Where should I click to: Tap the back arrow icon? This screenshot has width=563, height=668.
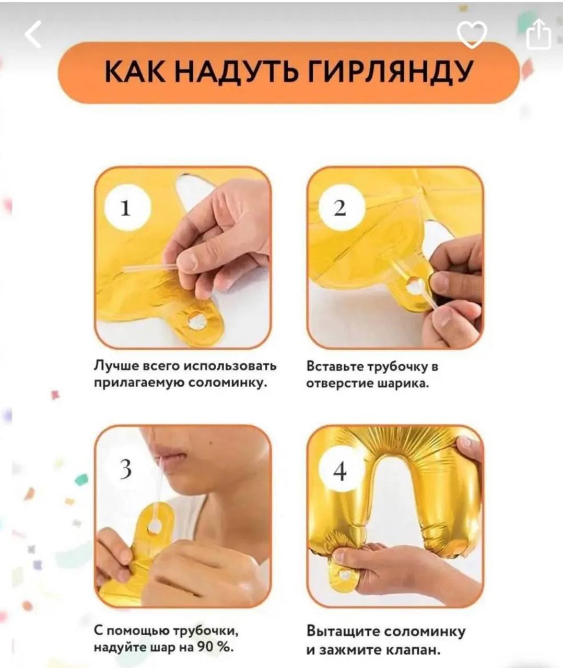point(33,34)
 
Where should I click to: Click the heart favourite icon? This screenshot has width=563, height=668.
point(472,34)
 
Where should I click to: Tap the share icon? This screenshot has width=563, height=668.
point(538,34)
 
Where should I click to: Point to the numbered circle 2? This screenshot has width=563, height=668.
point(340,208)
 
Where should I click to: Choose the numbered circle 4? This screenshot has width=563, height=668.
point(340,471)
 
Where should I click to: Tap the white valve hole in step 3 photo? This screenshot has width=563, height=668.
point(155,526)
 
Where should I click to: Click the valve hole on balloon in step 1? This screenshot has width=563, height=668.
point(196,320)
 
